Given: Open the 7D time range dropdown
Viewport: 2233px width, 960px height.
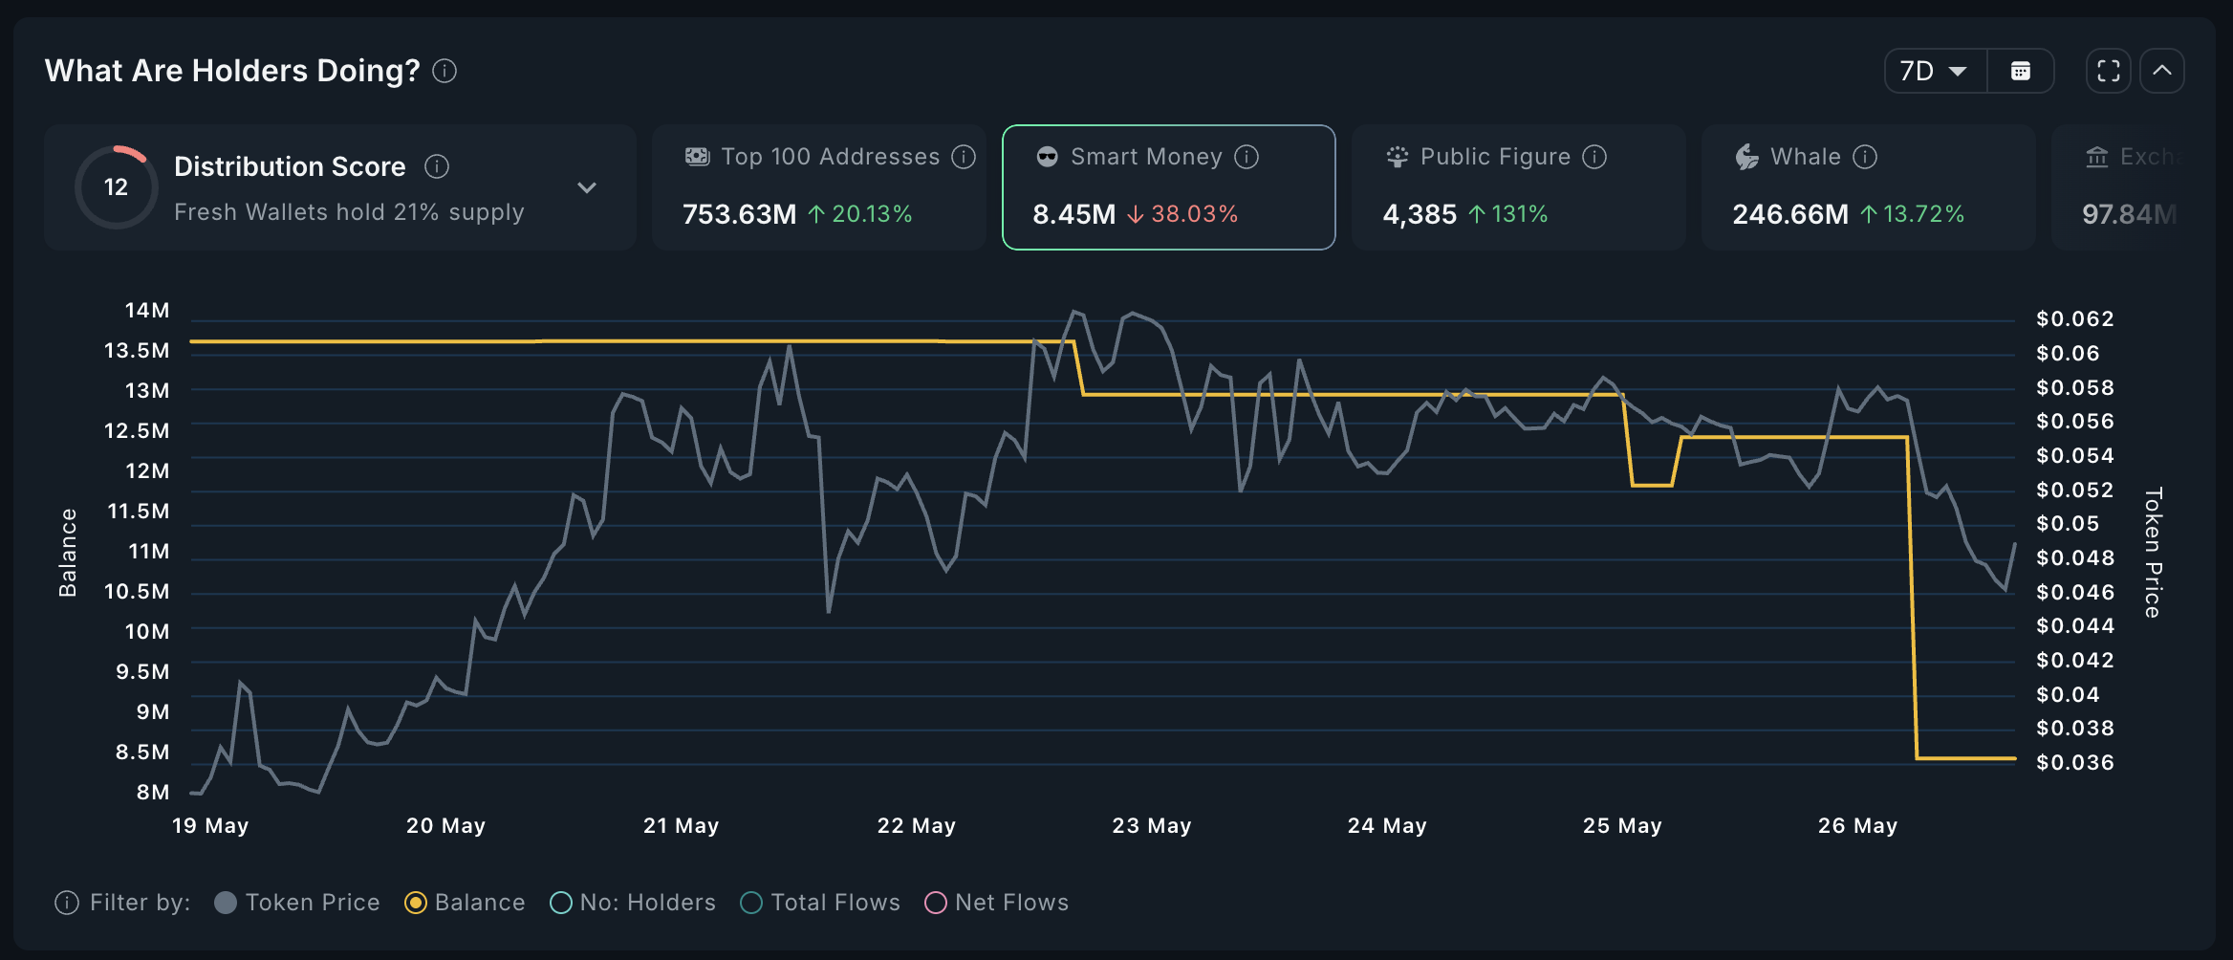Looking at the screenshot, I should [1934, 71].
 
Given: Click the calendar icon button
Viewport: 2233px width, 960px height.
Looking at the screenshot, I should [2020, 71].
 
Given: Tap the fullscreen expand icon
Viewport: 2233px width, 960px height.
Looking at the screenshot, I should [2108, 71].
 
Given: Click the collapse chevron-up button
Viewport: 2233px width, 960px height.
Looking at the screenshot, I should [2161, 71].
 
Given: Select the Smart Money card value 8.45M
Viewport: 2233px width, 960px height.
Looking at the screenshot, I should [1073, 214].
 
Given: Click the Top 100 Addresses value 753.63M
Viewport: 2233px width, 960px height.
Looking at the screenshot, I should [739, 214].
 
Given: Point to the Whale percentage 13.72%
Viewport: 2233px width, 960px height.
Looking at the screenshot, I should [1922, 214].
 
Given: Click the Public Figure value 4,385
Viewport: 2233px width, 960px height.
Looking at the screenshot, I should [1420, 214].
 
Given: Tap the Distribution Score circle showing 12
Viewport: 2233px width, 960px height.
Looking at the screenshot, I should [116, 186].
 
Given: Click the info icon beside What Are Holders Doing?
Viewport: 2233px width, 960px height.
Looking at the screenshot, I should [444, 71].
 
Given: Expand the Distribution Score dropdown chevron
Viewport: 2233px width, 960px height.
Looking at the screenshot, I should [587, 187].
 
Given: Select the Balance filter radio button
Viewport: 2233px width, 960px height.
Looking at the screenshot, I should [416, 903].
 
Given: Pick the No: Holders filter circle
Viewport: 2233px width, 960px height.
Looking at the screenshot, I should [561, 903].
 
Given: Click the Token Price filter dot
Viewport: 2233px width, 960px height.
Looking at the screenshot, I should [226, 903].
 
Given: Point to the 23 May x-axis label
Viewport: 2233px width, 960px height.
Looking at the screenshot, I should [1151, 825].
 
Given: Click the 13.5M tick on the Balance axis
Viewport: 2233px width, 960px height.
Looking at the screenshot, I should [137, 351].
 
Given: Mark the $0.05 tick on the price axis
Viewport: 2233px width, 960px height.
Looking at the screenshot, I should [2068, 524].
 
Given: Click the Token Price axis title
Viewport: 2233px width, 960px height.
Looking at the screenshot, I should [2153, 552].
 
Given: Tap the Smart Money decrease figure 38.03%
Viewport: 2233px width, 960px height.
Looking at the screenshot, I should [1193, 214].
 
